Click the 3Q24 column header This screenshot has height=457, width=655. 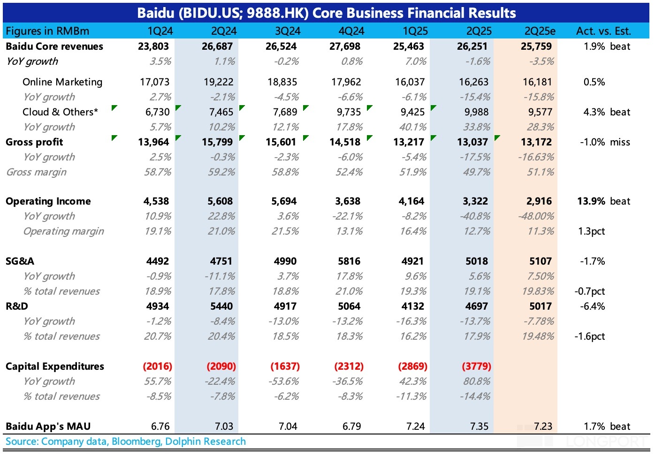(288, 31)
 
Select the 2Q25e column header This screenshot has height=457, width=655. (540, 31)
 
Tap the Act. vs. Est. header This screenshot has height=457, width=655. (603, 31)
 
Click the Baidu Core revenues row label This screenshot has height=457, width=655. (54, 46)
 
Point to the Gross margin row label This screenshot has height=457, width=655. (36, 172)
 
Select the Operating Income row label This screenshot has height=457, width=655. (48, 201)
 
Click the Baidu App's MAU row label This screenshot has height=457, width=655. (48, 427)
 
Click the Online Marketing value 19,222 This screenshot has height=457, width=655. (218, 82)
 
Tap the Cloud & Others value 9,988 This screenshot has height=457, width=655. (473, 112)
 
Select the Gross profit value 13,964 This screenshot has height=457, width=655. (153, 142)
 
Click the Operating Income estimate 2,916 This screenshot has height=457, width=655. (539, 201)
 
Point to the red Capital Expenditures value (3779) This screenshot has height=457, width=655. (476, 366)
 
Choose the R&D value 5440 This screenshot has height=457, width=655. (221, 306)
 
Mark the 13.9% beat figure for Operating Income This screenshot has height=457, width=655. (603, 201)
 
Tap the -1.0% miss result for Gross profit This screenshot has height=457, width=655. (605, 142)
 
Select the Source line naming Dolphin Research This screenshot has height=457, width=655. (126, 442)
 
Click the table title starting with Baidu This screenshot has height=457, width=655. (327, 13)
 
